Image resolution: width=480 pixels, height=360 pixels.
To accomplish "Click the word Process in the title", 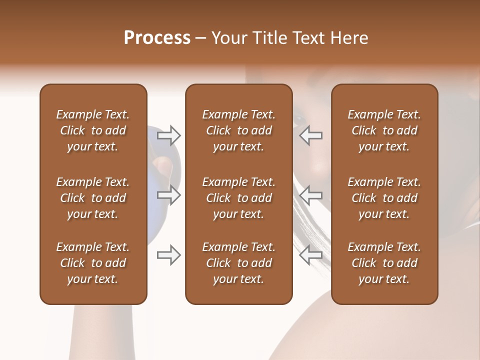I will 157,38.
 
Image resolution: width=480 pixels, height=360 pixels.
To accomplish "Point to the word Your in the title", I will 228,38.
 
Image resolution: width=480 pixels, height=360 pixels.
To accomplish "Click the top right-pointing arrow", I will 168,135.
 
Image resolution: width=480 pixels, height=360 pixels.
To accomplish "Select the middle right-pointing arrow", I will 168,195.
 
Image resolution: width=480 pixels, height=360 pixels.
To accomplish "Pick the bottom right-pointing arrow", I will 168,255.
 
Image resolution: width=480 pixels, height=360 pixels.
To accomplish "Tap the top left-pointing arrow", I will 310,135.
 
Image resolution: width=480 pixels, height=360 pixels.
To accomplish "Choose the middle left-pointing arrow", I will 310,195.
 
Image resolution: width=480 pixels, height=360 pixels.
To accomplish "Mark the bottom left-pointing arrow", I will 310,255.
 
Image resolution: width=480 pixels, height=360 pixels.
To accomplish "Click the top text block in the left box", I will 93,130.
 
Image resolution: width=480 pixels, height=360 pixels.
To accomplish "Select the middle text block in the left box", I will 93,198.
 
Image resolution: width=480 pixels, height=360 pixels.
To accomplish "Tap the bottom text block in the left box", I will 93,263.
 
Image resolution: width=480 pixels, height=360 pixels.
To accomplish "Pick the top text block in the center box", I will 238,130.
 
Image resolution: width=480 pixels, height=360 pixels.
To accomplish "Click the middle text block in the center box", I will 238,198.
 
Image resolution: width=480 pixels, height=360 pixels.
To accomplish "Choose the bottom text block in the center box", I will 238,263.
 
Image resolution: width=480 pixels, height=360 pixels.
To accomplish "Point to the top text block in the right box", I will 384,130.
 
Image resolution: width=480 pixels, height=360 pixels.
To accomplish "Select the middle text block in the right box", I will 384,198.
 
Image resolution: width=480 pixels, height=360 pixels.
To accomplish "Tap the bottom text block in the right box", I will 384,263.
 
